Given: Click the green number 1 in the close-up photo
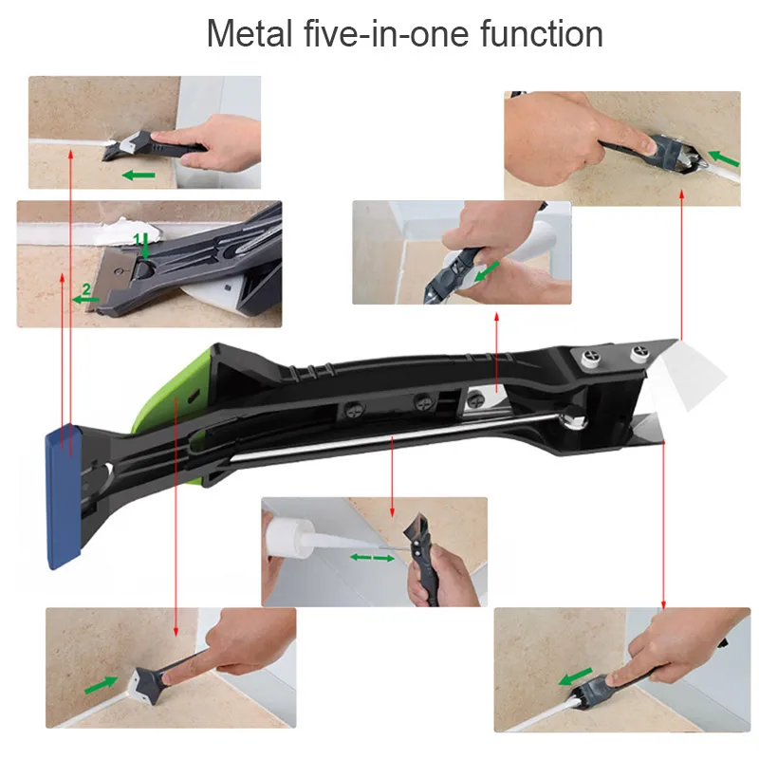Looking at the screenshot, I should pyautogui.click(x=137, y=238).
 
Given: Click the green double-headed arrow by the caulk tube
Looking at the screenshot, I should pyautogui.click(x=372, y=558).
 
